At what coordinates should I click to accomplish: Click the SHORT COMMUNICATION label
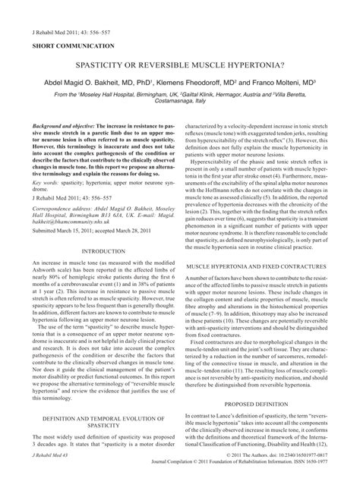tap(67, 46)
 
